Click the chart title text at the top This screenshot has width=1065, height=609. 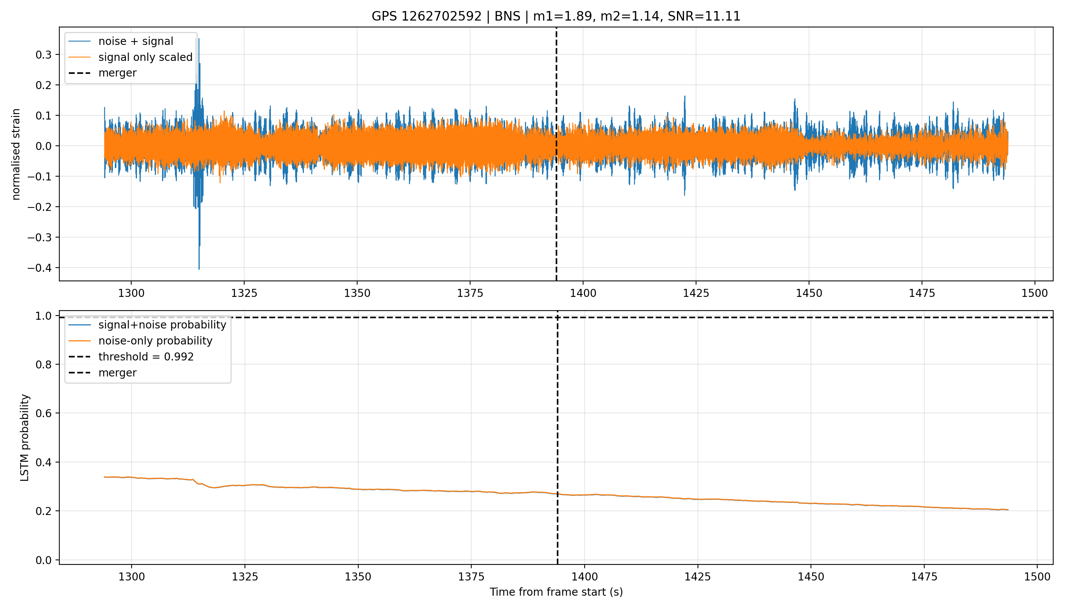coord(556,16)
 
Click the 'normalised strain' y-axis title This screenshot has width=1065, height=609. coord(16,154)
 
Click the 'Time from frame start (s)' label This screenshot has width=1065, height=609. coord(556,592)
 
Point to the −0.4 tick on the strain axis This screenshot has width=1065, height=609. coord(41,268)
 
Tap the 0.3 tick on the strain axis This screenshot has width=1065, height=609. coord(44,55)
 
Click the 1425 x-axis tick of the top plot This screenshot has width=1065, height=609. coord(696,293)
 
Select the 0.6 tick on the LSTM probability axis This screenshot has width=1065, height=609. coord(44,413)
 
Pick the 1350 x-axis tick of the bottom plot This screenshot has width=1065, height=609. coord(358,577)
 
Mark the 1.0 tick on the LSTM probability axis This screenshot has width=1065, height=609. coord(44,316)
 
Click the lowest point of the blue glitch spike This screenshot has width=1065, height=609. coord(199,269)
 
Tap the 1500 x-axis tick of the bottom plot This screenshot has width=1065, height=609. coord(1037,577)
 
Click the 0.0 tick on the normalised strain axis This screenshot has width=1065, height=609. coord(44,146)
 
